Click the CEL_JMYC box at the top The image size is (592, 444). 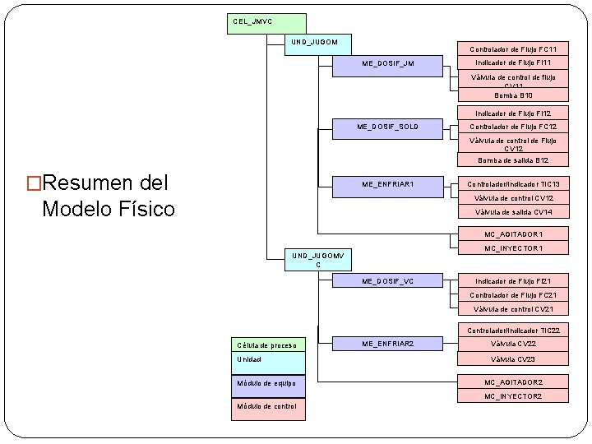pos(266,22)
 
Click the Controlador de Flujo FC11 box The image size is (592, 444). pos(512,49)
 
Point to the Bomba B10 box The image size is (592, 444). pos(512,95)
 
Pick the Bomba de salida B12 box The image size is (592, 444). pos(512,160)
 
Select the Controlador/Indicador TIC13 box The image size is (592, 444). pos(512,184)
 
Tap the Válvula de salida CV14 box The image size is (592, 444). pos(512,212)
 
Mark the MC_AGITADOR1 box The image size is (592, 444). pos(512,234)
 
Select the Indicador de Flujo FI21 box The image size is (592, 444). pos(512,281)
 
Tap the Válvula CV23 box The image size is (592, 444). pos(512,359)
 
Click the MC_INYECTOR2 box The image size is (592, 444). pos(512,396)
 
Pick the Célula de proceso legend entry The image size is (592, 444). pos(266,345)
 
